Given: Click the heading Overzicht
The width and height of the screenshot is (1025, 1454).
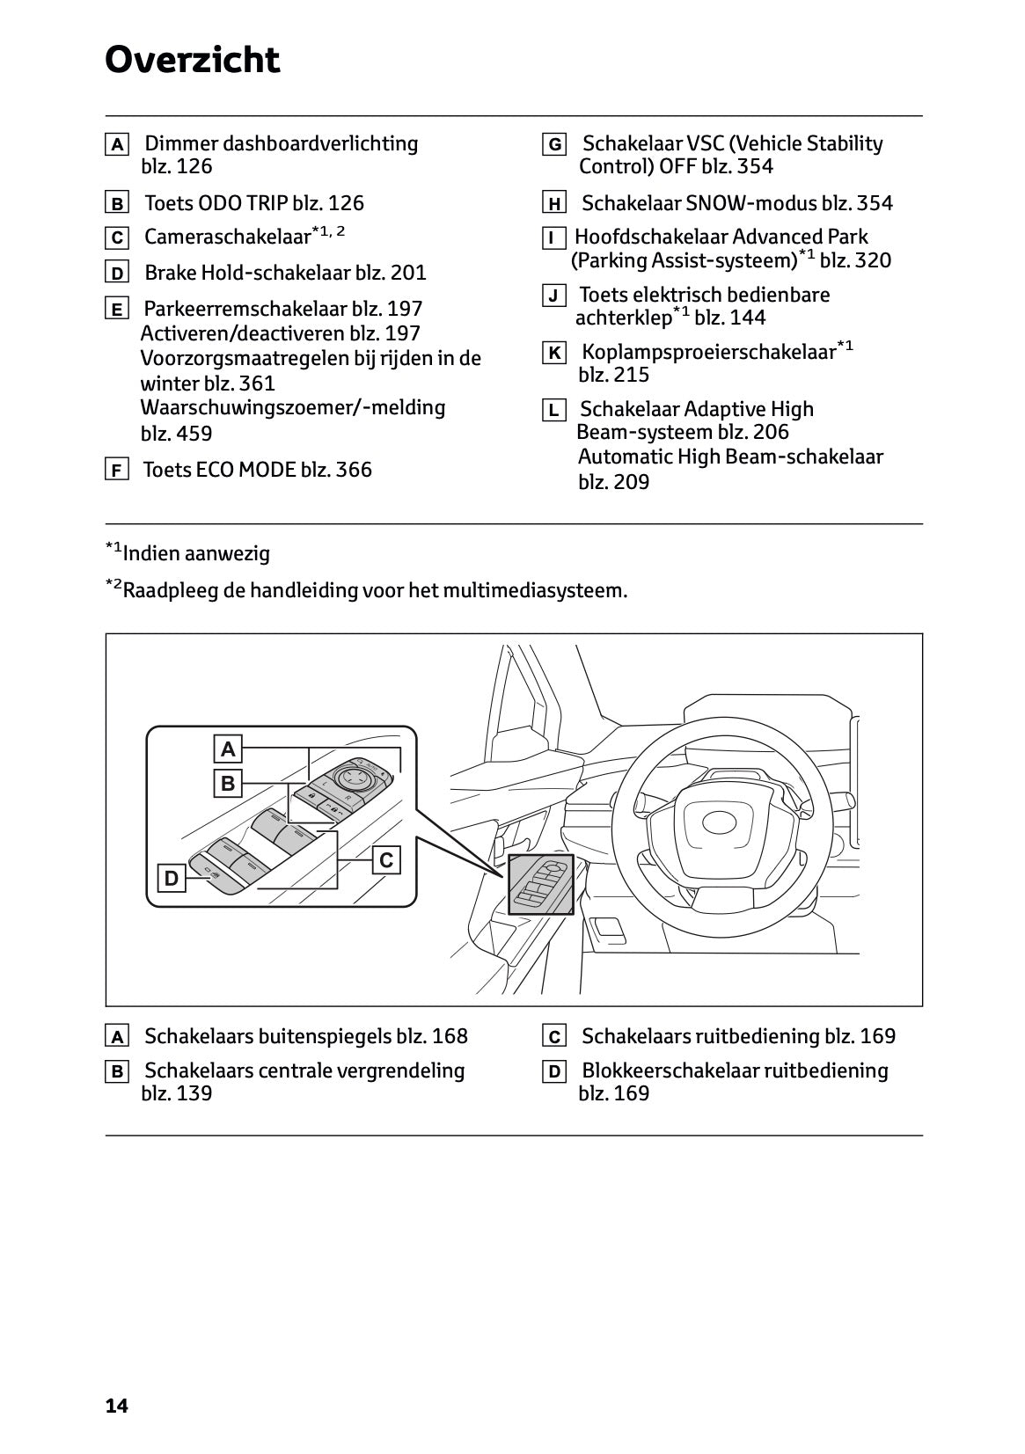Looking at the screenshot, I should pyautogui.click(x=192, y=60).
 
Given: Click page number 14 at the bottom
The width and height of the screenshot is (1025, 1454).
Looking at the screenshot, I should pyautogui.click(x=116, y=1406).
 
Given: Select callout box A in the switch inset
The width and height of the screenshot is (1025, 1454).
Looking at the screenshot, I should pyautogui.click(x=229, y=749).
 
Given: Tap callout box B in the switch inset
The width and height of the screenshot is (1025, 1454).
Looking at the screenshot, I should pyautogui.click(x=229, y=783).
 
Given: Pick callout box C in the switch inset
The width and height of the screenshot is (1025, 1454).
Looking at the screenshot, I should pyautogui.click(x=386, y=860).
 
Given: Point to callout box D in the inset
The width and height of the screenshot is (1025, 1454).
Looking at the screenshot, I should pyautogui.click(x=172, y=878).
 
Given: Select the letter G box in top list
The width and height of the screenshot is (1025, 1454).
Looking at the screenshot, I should pyautogui.click(x=554, y=145).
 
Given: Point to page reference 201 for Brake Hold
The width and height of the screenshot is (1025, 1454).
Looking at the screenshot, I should pyautogui.click(x=408, y=273).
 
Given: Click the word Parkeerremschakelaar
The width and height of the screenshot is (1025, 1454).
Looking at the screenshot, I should pyautogui.click(x=245, y=309).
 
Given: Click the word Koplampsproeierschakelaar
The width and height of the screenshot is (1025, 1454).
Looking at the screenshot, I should pyautogui.click(x=708, y=353).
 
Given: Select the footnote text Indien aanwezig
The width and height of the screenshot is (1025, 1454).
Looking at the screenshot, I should pyautogui.click(x=196, y=554).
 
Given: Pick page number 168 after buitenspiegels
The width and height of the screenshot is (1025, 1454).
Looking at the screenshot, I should pyautogui.click(x=450, y=1036).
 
